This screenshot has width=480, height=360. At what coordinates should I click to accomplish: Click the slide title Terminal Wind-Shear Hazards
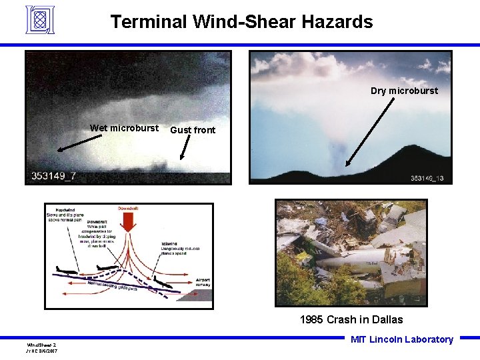coord(241,22)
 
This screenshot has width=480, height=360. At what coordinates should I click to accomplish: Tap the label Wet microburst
coord(124,128)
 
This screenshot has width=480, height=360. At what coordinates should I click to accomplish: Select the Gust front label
coord(193,130)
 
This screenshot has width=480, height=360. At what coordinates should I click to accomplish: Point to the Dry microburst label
coord(404,91)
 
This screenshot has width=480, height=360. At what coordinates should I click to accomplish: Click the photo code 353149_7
coord(54,176)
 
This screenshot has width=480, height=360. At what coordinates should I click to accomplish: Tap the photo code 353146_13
coord(427,178)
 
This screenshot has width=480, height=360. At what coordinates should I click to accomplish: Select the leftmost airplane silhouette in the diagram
coord(67,270)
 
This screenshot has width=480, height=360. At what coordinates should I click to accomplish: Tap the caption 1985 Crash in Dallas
coord(351,319)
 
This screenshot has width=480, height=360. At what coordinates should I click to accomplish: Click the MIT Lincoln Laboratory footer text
coord(401,339)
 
